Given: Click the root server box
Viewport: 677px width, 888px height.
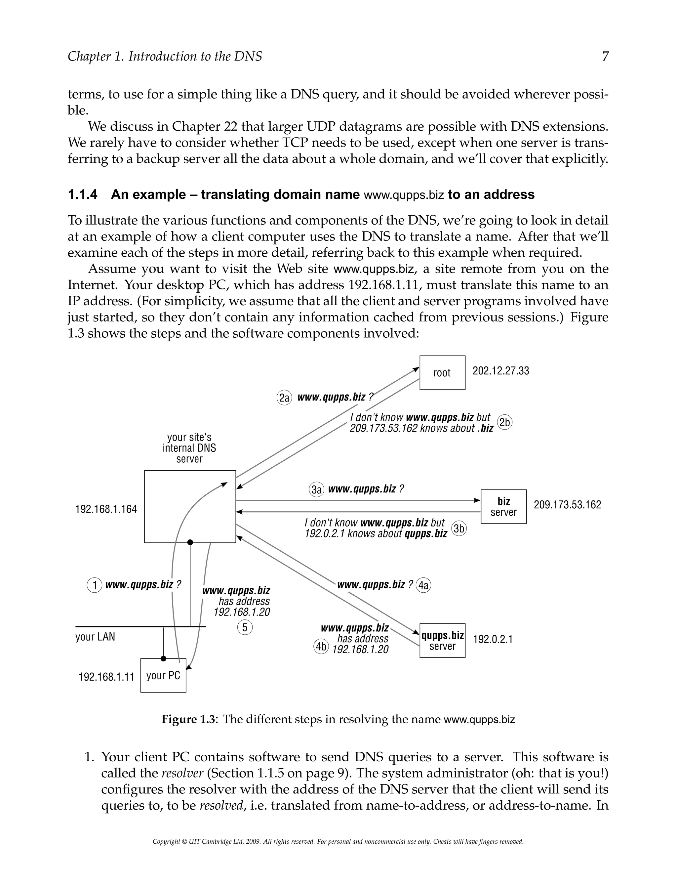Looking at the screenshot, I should click(442, 372).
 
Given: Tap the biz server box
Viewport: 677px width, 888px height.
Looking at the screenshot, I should click(503, 507).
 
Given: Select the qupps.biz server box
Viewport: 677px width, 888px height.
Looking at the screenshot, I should click(442, 641).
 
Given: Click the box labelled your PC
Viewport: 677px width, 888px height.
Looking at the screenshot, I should click(163, 676).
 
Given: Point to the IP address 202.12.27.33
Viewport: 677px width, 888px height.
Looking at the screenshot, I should click(500, 371).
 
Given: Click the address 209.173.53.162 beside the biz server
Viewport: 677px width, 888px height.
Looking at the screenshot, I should click(567, 505).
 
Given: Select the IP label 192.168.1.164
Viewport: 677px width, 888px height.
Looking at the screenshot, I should click(106, 509).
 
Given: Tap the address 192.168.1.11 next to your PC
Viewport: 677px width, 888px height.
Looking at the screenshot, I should click(106, 676).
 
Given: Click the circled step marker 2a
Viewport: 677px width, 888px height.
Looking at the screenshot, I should click(284, 398).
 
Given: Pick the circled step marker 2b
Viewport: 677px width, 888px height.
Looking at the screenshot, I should click(504, 422).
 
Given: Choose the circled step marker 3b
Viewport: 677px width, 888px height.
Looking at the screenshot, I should click(459, 529).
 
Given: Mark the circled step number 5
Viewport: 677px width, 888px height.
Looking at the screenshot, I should click(245, 628).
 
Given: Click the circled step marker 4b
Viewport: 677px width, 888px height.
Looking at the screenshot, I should click(321, 647).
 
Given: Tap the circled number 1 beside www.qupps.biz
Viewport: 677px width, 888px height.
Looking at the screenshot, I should click(94, 585).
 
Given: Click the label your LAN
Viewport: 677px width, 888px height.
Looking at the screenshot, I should click(95, 637).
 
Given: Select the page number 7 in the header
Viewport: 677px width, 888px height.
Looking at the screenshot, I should click(605, 57).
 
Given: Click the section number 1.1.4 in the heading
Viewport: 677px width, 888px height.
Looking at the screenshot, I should click(83, 195).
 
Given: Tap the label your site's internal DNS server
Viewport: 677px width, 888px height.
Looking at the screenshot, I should click(189, 448).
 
